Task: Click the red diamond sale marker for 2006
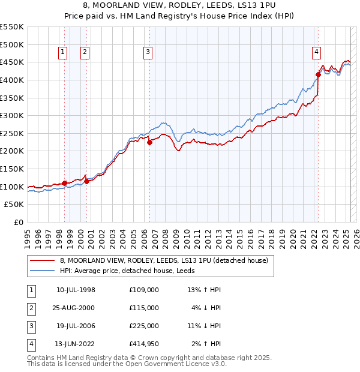[x=149, y=142]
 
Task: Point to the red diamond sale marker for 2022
[x=318, y=74]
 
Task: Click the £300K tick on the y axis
[x=13, y=115]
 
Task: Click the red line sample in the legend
[x=42, y=260]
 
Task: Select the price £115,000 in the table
[x=143, y=307]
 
